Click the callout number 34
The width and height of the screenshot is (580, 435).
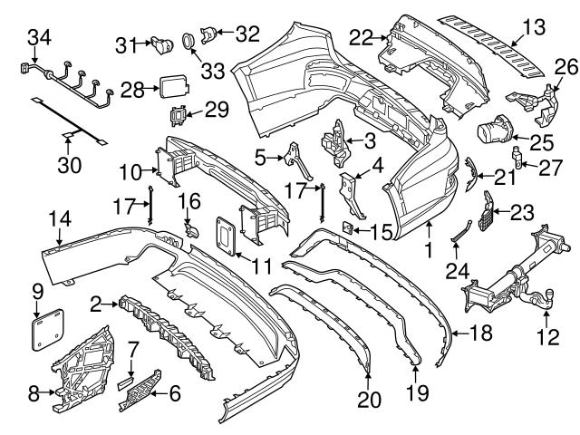click(x=40, y=37)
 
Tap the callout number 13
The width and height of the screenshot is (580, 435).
click(x=535, y=28)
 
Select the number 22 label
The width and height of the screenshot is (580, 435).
click(x=362, y=37)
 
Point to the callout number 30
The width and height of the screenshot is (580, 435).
click(x=69, y=165)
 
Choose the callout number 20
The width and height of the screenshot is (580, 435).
click(x=369, y=397)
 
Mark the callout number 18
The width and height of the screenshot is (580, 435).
click(x=480, y=334)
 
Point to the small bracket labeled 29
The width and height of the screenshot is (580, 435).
click(x=179, y=116)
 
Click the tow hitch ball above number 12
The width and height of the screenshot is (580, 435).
click(x=549, y=295)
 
